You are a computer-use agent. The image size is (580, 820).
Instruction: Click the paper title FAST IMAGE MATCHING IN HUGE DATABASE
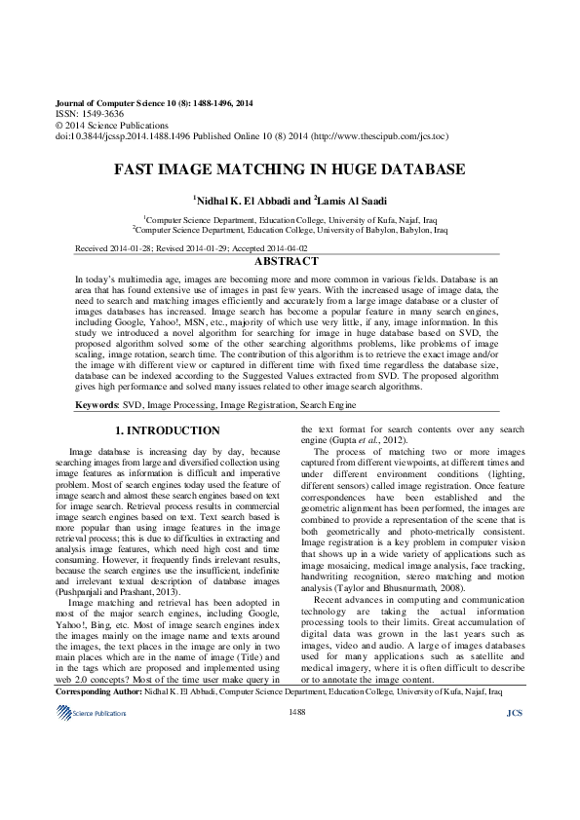tap(290, 169)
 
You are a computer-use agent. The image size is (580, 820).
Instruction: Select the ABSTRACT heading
tap(286, 262)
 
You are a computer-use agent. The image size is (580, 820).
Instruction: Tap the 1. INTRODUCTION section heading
tap(168, 429)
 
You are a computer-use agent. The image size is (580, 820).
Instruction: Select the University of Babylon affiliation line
tap(290, 232)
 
